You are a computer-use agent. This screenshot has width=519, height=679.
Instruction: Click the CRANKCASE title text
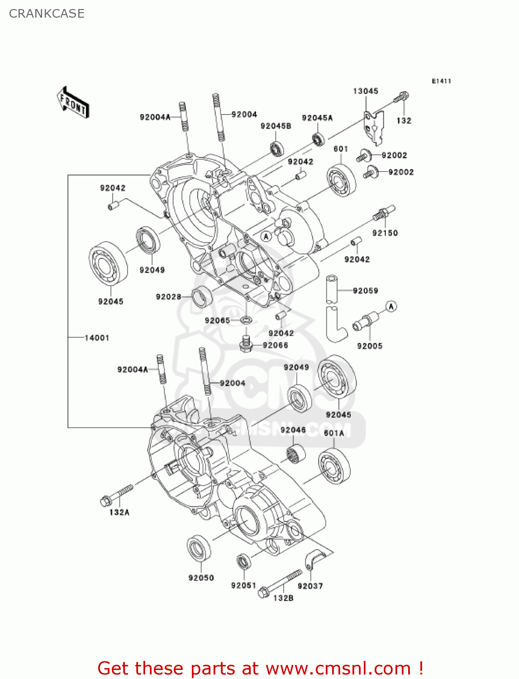[x=47, y=14]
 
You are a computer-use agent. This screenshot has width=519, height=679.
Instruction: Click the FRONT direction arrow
[x=73, y=103]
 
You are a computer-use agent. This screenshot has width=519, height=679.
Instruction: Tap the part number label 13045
[x=365, y=91]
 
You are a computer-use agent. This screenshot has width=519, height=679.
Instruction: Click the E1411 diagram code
[x=441, y=81]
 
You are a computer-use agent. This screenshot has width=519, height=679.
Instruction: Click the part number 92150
[x=385, y=233]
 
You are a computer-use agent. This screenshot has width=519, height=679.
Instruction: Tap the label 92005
[x=369, y=346]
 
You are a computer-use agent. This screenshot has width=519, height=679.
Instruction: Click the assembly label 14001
[x=97, y=338]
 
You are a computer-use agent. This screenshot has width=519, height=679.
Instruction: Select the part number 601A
[x=334, y=433]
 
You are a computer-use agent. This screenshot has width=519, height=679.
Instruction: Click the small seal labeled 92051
[x=244, y=562]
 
